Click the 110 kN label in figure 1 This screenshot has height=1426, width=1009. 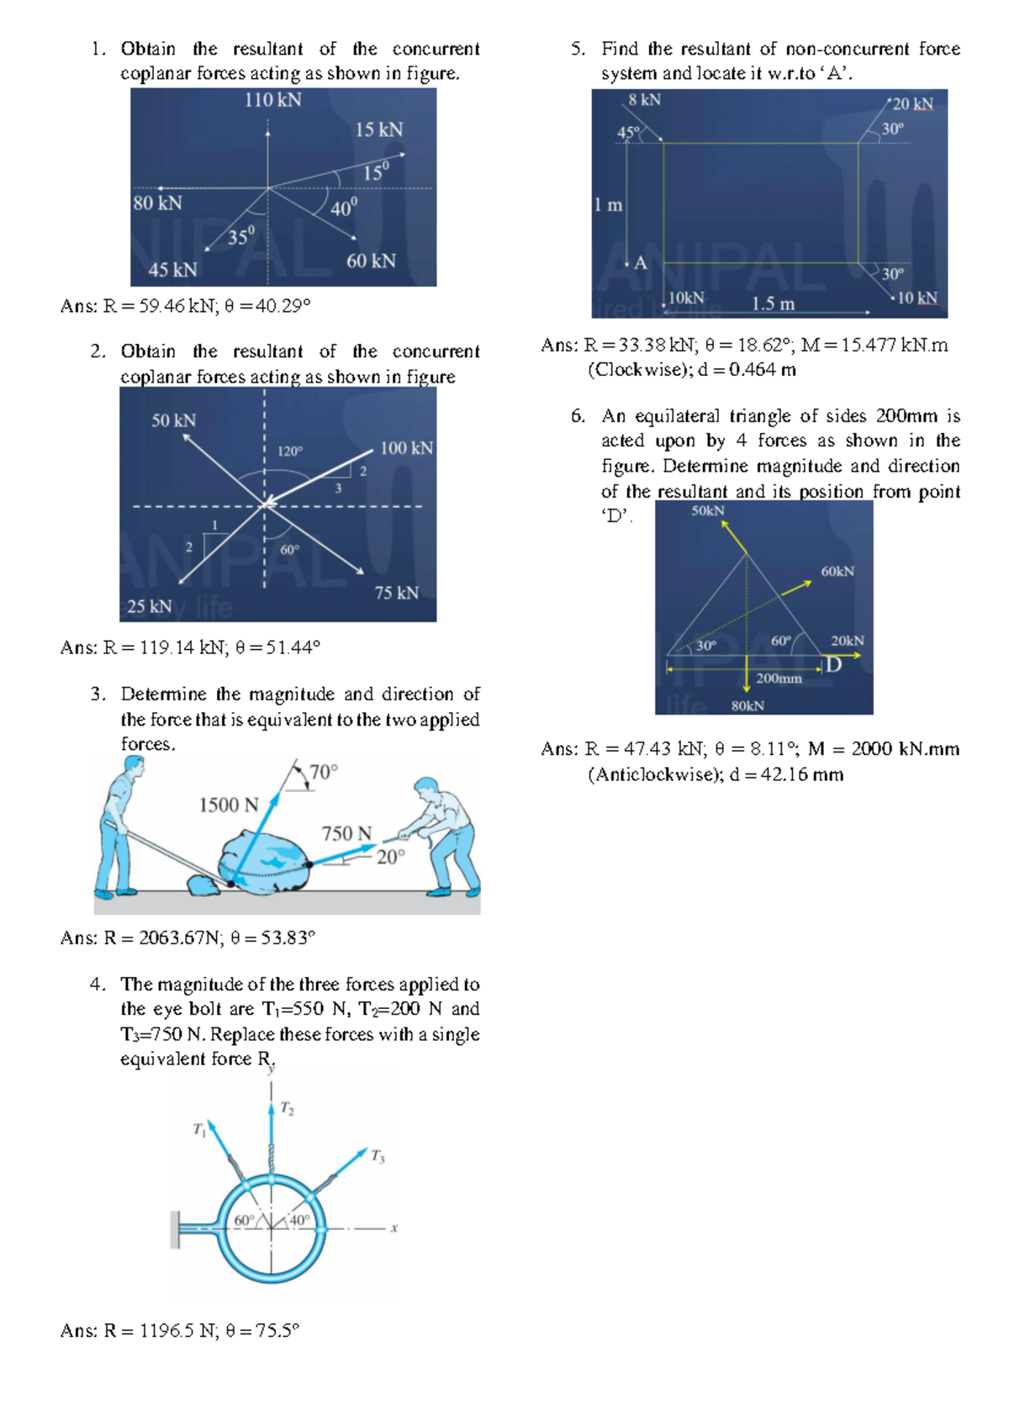point(272,100)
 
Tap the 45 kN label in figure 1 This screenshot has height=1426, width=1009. point(172,270)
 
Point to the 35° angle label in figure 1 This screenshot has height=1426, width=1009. point(240,236)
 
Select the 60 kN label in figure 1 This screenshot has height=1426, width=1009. point(371,261)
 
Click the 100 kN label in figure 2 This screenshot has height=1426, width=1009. point(406,448)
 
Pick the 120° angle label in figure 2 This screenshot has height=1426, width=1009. point(290,452)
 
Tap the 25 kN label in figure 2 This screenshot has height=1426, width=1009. point(149,606)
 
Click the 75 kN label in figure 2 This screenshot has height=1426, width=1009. point(396,593)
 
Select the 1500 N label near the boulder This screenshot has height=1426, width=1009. point(228,805)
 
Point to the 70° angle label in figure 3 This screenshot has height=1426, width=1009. point(324,772)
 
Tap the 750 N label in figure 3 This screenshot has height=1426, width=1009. point(346,833)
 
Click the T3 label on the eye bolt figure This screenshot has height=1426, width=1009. point(378,1157)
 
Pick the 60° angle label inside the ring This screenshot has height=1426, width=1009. point(244,1220)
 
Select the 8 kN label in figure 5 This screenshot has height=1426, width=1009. point(645,100)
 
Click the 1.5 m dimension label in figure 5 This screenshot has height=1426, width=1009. point(773,304)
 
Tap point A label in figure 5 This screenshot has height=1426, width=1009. point(640,263)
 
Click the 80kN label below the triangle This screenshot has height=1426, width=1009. point(747,705)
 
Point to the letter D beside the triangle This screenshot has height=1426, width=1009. point(833,666)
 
